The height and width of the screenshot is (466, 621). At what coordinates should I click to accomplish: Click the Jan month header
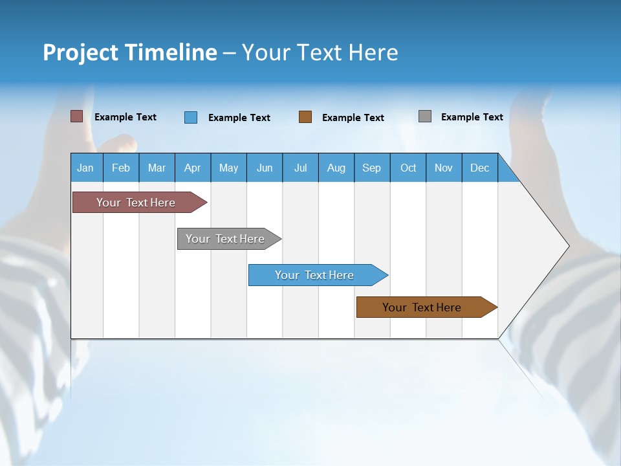86,168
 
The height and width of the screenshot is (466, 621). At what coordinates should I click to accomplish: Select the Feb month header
121,168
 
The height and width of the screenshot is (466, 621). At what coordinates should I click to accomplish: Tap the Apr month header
193,168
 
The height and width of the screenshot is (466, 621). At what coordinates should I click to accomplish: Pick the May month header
228,168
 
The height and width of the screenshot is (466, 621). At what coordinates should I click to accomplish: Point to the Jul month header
300,168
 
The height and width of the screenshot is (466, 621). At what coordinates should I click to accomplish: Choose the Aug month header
336,168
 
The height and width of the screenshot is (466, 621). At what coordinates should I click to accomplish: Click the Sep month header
372,168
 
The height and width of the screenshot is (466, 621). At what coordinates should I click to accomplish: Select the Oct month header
408,168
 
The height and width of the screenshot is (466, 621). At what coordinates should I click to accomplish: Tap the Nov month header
444,168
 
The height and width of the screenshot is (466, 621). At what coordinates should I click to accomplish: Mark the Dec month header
480,168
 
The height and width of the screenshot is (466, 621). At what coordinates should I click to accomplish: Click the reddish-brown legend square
77,116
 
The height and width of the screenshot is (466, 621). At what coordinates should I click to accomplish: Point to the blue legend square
191,117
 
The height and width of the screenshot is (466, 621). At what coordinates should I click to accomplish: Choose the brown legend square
305,117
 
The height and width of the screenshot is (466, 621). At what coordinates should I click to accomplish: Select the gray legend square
425,116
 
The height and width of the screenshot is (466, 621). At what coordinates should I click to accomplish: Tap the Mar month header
157,168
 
